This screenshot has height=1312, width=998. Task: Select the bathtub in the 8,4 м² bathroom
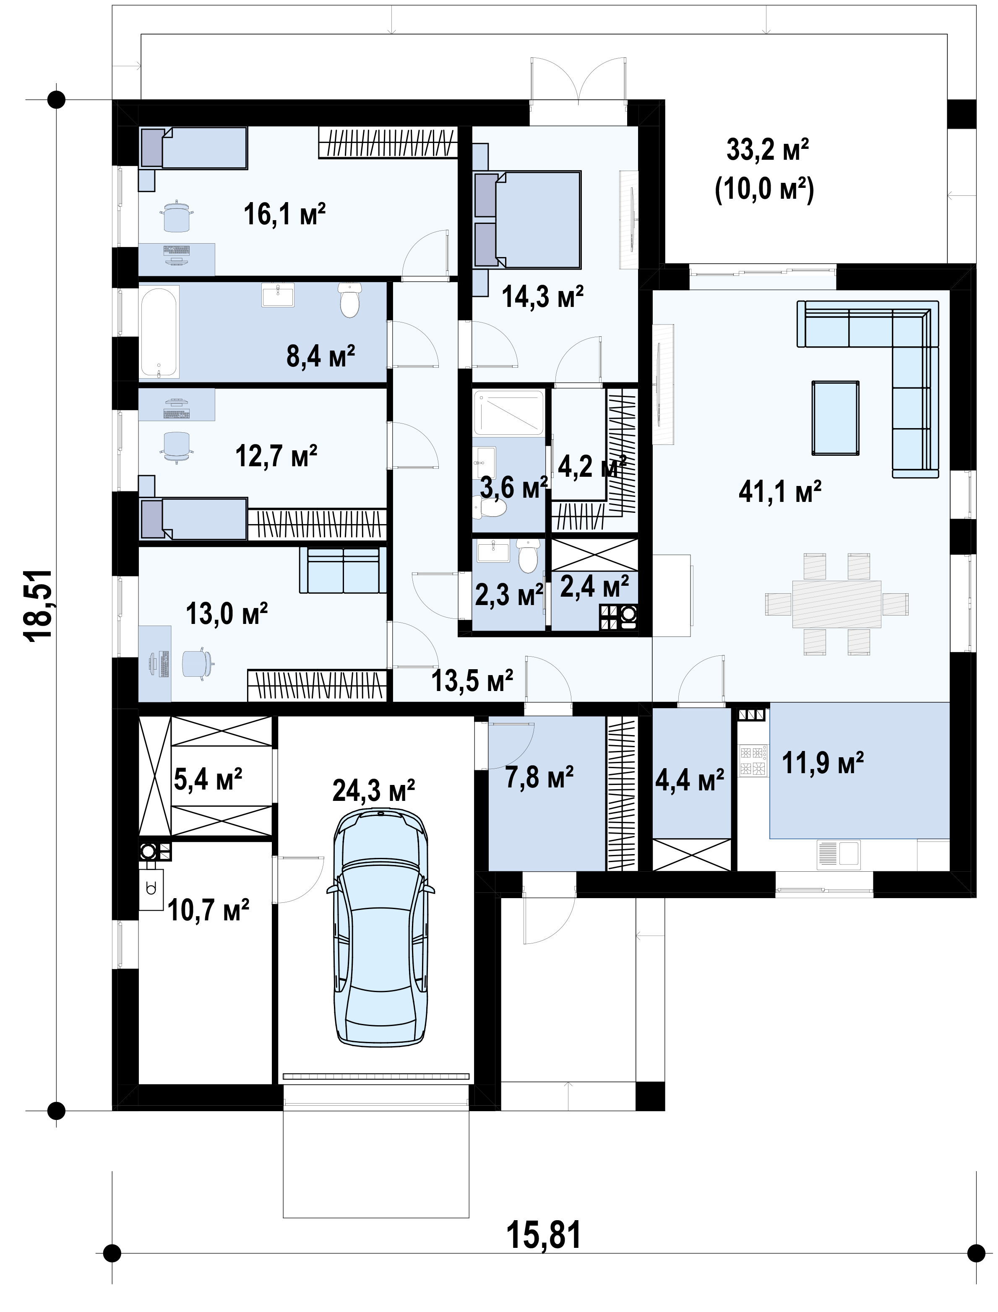(x=159, y=332)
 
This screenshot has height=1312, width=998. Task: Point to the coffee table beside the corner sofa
(x=836, y=418)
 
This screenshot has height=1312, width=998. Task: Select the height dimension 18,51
(x=38, y=605)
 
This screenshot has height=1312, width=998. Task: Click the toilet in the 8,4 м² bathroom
(x=350, y=300)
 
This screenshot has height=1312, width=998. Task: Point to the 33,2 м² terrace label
(x=768, y=151)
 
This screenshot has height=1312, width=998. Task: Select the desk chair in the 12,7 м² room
(x=177, y=445)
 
